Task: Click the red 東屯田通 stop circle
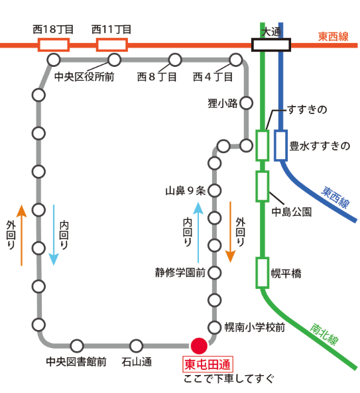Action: [x=199, y=346]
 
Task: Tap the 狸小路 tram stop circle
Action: [x=246, y=103]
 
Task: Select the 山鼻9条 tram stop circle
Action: [x=214, y=190]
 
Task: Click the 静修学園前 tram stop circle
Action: [x=214, y=272]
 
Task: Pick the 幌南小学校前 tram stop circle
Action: [x=214, y=327]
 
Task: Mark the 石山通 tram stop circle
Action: [x=136, y=346]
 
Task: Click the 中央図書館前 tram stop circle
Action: [x=77, y=346]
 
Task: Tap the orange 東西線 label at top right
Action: [x=333, y=36]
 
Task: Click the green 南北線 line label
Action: [x=324, y=335]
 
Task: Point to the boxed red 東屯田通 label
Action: [x=208, y=365]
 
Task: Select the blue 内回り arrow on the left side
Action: [x=54, y=235]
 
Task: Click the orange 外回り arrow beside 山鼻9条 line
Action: [x=231, y=232]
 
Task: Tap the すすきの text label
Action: [x=307, y=109]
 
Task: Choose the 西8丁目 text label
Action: [x=156, y=77]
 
